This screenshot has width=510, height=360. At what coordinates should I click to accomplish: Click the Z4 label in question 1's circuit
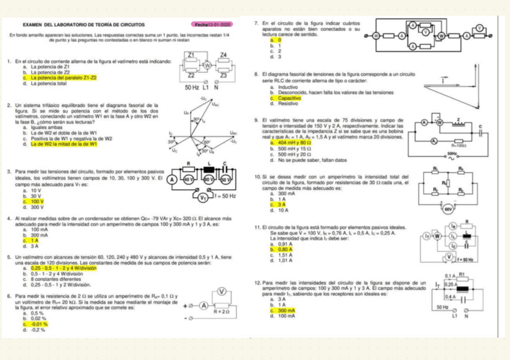pyautogui.click(x=224, y=55)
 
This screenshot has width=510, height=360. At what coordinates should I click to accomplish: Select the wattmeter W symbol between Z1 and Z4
pyautogui.click(x=207, y=65)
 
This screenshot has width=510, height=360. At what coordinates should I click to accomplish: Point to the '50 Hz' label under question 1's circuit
pyautogui.click(x=192, y=87)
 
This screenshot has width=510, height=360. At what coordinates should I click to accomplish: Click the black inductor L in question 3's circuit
pyautogui.click(x=210, y=178)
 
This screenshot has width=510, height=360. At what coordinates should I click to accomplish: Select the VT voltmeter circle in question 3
pyautogui.click(x=204, y=196)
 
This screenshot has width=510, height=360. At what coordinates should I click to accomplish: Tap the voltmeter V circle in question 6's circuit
pyautogui.click(x=221, y=293)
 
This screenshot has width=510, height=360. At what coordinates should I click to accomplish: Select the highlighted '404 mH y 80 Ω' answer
pyautogui.click(x=291, y=142)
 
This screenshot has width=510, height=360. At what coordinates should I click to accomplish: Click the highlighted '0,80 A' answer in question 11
pyautogui.click(x=285, y=248)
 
